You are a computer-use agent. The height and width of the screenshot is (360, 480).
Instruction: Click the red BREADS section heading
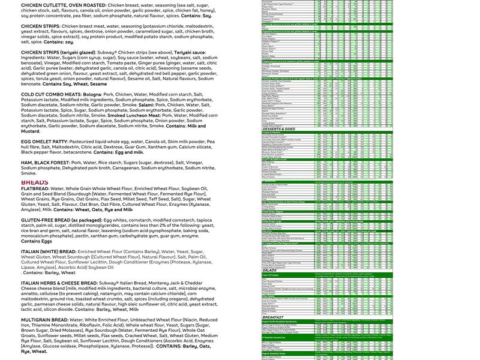35,182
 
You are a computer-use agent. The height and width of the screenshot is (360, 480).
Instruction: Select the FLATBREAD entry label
35,188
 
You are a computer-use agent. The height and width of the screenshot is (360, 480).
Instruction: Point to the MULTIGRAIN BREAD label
47,320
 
